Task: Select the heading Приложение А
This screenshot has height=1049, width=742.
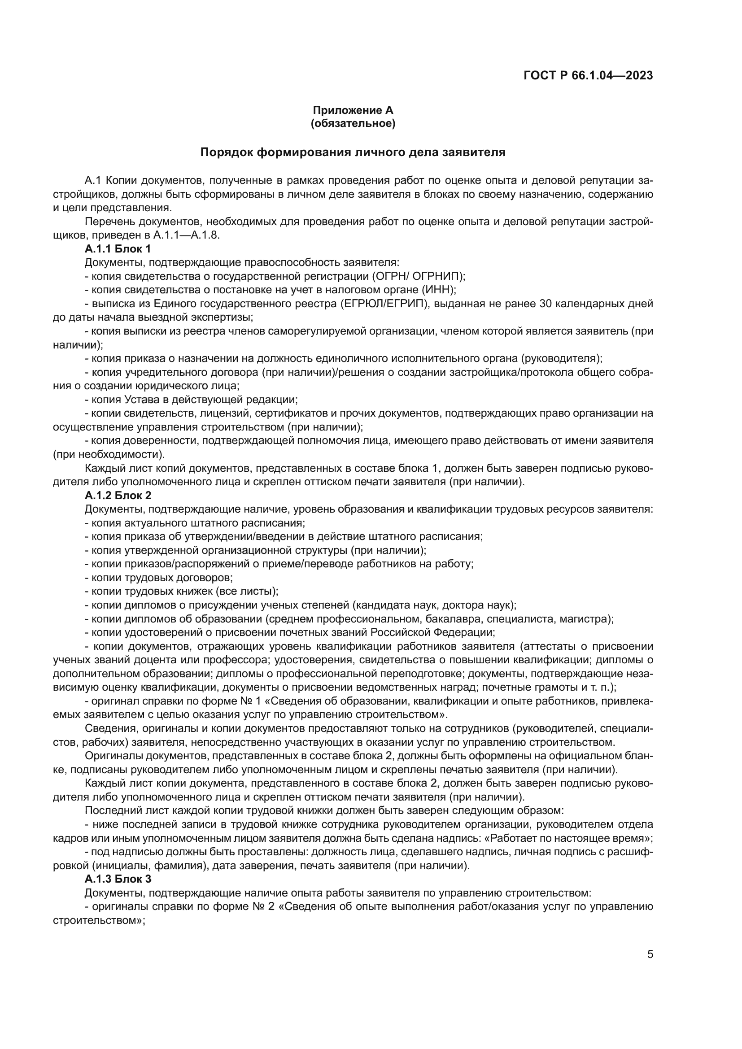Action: click(x=353, y=110)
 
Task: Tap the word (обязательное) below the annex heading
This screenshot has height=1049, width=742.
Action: click(x=353, y=123)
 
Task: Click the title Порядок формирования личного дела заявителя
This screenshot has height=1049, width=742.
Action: click(x=353, y=152)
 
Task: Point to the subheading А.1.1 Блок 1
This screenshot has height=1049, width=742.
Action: click(x=118, y=249)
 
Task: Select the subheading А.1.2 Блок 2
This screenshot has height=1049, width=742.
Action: click(x=118, y=495)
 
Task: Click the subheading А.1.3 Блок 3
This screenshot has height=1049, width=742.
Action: click(x=118, y=879)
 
